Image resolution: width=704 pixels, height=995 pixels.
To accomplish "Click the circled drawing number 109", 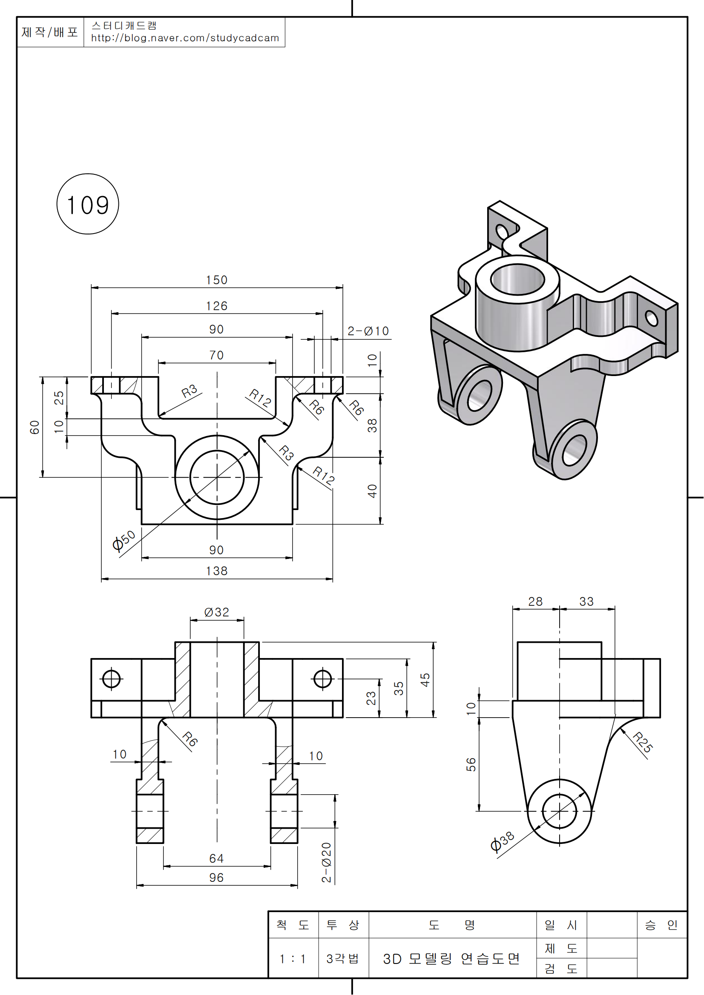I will (88, 205).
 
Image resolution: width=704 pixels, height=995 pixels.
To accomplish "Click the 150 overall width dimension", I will (216, 280).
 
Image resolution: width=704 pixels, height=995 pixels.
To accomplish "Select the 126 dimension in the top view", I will (216, 306).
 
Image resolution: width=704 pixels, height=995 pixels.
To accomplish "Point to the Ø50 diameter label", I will (124, 541).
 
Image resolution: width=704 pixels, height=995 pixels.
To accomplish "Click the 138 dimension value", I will (216, 571).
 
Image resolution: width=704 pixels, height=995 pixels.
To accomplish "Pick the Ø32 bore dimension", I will (216, 612).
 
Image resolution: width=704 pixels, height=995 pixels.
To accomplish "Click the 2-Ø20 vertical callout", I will (326, 862).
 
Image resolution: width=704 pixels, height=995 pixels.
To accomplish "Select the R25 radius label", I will (642, 742).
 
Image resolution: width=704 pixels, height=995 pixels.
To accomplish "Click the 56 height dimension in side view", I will (471, 764).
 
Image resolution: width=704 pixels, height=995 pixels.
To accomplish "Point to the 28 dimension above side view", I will (535, 602).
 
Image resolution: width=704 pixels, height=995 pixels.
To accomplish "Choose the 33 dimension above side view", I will (586, 602).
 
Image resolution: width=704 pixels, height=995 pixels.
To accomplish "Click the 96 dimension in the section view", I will (216, 878).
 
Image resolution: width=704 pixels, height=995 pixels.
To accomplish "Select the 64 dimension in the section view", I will (216, 858).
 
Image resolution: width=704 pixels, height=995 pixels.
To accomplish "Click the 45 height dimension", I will (425, 680).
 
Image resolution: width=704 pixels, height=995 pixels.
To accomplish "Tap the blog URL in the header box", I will (185, 38).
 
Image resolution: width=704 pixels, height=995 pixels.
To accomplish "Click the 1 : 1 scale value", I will (293, 959).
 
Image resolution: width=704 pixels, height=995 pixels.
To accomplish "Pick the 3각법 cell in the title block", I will (343, 959).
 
